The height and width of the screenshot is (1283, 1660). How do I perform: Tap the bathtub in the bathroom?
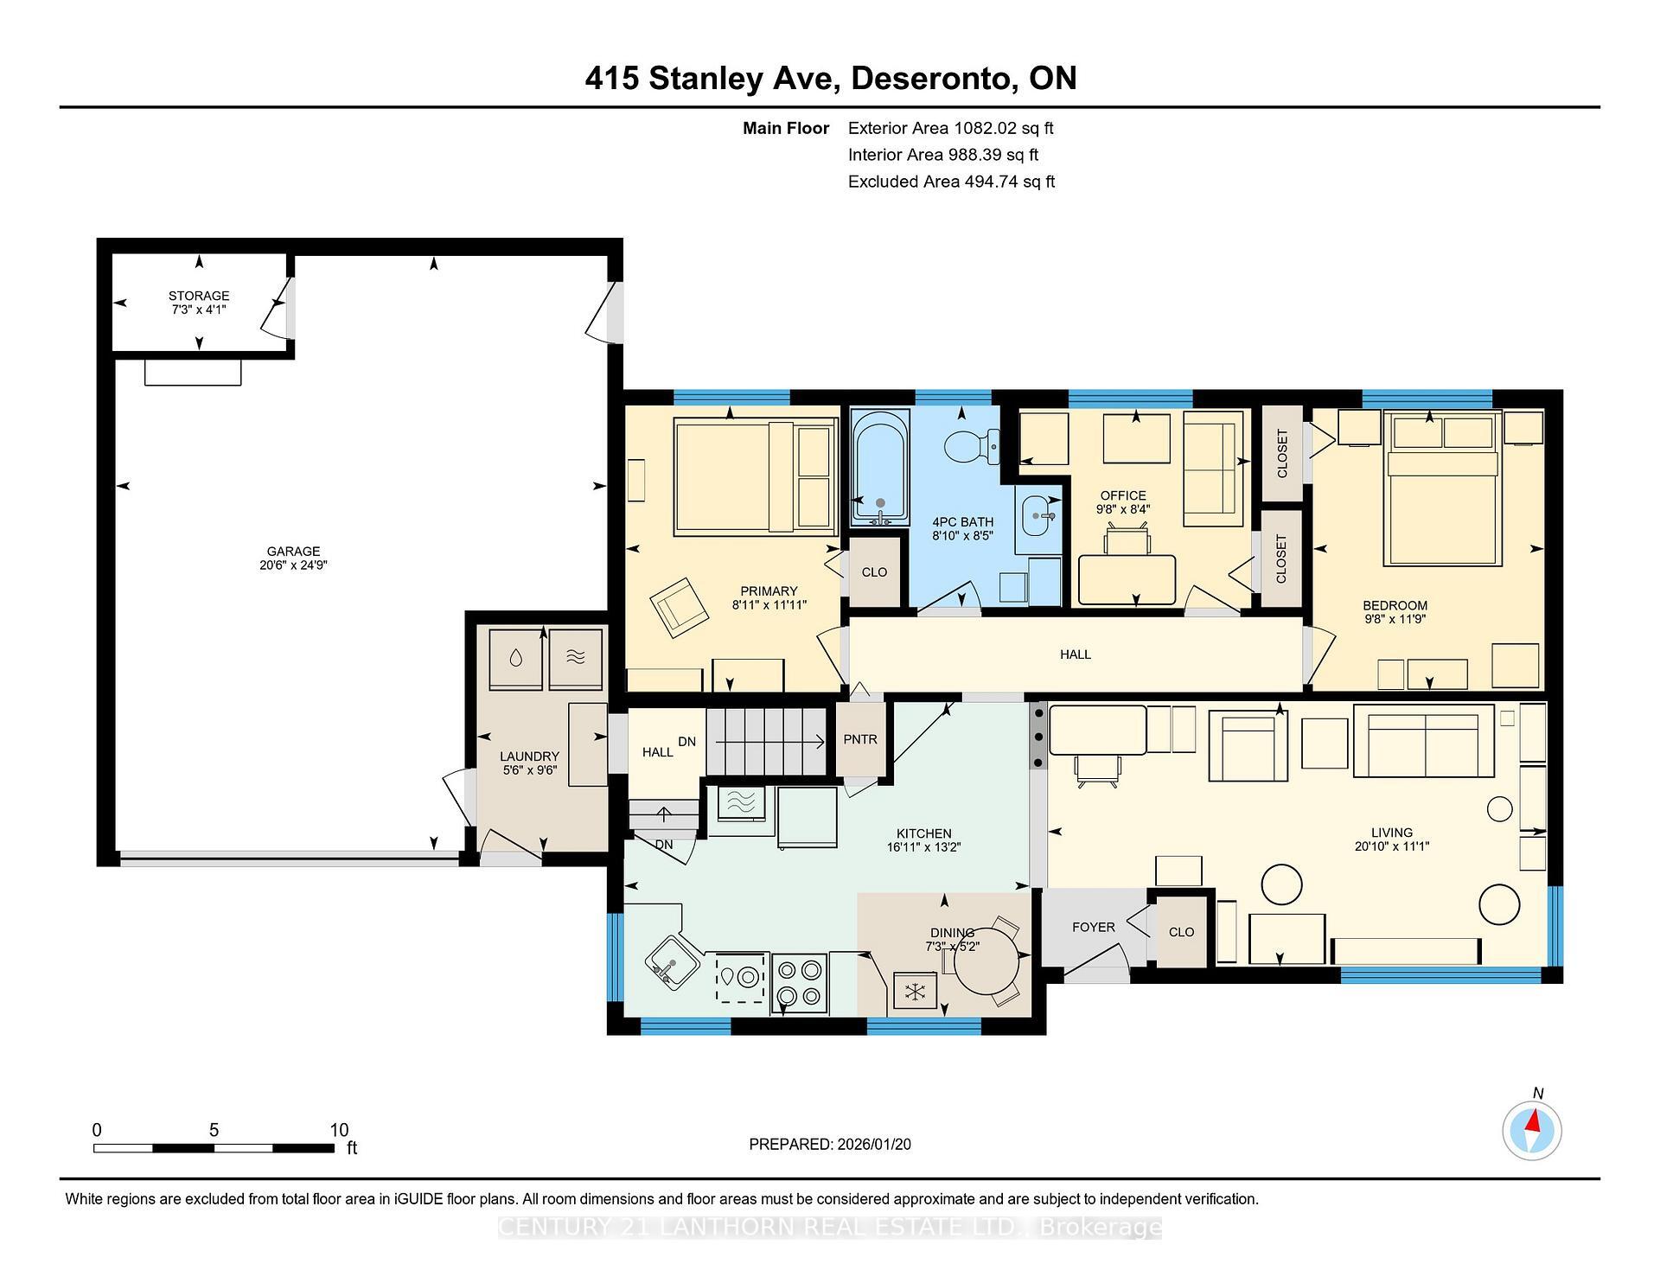(x=879, y=467)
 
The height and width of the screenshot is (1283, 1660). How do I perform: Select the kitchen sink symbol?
(x=671, y=961)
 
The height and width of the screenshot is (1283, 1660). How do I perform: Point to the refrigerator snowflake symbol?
(x=914, y=992)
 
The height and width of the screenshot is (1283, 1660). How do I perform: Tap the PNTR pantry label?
(x=859, y=739)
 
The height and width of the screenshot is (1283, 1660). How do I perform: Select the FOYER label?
(x=1093, y=927)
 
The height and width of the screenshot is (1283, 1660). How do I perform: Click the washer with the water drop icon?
(x=516, y=658)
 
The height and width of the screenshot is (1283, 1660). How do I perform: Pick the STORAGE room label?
(x=199, y=296)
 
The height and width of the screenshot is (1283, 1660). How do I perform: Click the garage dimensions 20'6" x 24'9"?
(x=293, y=565)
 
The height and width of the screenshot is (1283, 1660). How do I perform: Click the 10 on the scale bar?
(x=339, y=1130)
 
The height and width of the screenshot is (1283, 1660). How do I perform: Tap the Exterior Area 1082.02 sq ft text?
(x=950, y=128)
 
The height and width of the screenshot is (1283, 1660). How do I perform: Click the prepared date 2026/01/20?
(x=873, y=1144)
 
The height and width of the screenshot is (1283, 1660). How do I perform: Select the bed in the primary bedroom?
(x=754, y=476)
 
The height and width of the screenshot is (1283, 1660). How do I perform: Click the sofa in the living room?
(x=1423, y=741)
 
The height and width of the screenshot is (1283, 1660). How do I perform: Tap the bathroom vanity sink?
(x=1037, y=517)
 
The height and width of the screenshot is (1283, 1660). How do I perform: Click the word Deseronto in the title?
(x=933, y=78)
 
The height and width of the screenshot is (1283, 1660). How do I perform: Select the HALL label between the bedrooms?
(x=1075, y=654)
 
